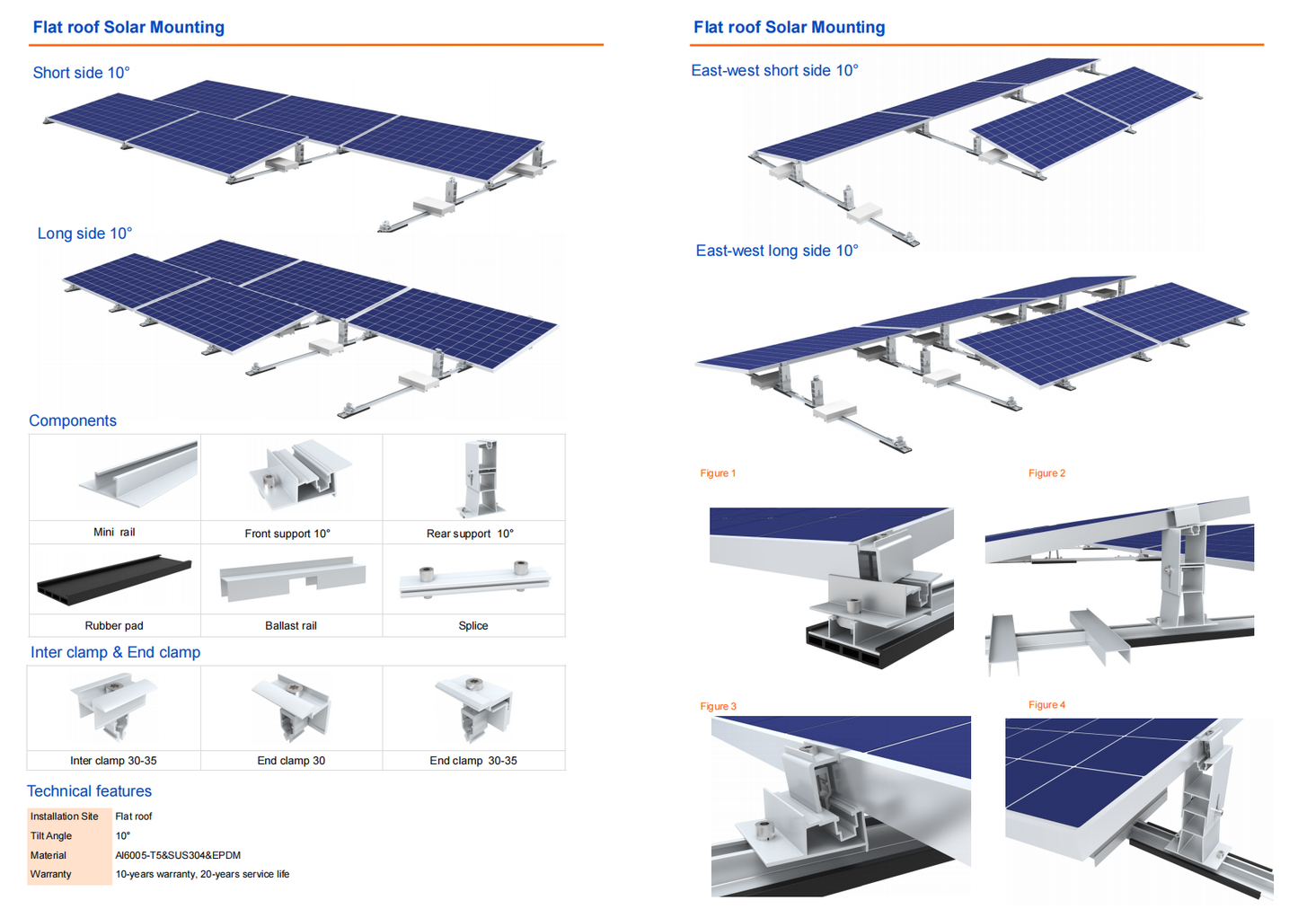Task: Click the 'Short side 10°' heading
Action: [x=81, y=73]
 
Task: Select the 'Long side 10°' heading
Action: [x=84, y=234]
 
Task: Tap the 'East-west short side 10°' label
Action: [x=774, y=70]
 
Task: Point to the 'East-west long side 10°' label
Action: [x=776, y=251]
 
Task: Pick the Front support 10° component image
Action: [x=296, y=473]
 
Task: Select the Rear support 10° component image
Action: [x=478, y=477]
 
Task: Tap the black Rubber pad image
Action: [x=114, y=579]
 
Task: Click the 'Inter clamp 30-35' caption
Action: [x=113, y=761]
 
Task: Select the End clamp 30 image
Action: [x=292, y=708]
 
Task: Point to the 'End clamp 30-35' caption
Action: [x=473, y=761]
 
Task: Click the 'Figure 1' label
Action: [x=718, y=473]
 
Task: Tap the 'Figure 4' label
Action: [x=1046, y=705]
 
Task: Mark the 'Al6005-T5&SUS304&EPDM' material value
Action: [x=178, y=855]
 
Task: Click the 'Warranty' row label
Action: [x=51, y=874]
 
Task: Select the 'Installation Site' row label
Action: [x=65, y=816]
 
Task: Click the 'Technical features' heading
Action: [x=89, y=791]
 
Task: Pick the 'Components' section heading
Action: [x=73, y=420]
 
